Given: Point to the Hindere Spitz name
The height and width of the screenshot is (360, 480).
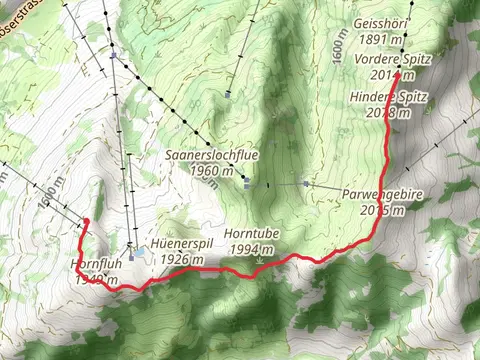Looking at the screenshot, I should [389, 96].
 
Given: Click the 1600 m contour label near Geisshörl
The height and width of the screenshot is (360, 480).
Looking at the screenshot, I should [341, 44].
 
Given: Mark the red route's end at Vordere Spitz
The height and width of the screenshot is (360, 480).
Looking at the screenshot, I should [398, 73].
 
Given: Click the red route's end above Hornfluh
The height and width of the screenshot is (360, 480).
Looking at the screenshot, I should [86, 221].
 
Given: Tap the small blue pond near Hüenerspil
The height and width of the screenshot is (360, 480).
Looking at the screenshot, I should [148, 256].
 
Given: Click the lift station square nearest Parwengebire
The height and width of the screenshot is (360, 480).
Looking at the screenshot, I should [303, 184].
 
